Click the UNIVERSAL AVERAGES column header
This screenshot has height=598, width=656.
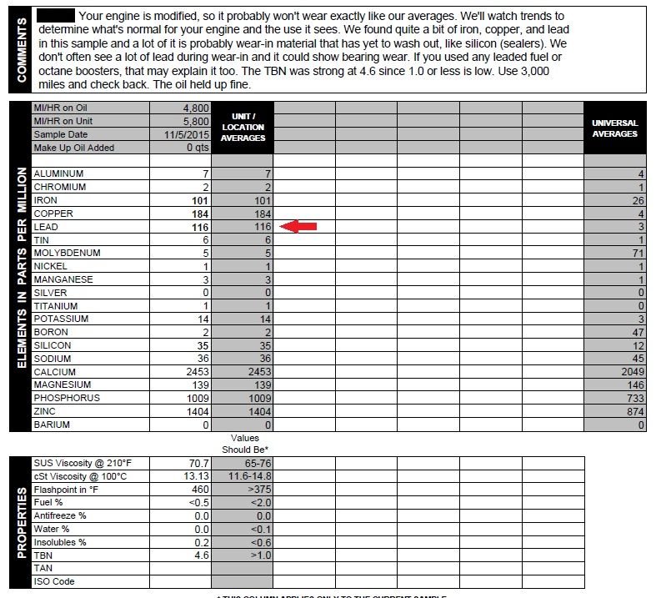click(614, 128)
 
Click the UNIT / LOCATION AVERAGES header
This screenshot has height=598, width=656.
click(243, 128)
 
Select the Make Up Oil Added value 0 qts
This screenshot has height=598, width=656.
click(190, 148)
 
